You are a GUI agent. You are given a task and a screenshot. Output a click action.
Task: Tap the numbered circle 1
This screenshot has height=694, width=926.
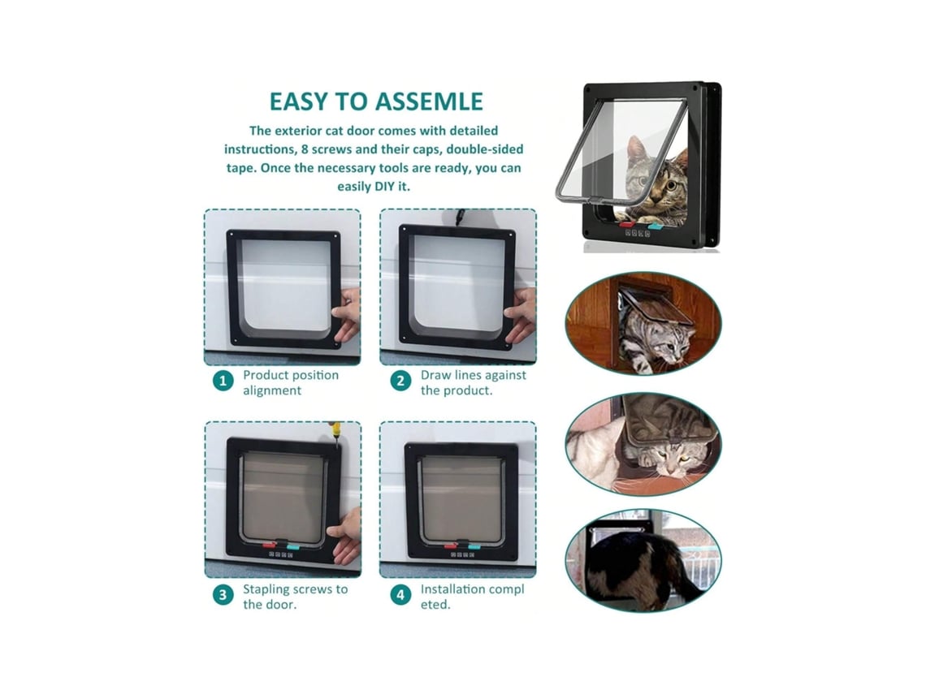(x=223, y=381)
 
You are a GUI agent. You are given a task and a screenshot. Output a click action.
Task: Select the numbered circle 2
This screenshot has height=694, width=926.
(x=400, y=381)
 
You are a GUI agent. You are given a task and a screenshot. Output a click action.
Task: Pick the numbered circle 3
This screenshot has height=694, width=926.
(x=223, y=595)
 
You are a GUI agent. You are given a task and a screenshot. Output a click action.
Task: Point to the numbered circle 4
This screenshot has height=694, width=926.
(x=400, y=595)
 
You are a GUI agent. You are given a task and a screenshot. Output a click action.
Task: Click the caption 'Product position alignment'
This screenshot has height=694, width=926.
(x=291, y=382)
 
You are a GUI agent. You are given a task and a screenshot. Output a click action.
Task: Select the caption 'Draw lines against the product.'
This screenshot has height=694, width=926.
(x=473, y=382)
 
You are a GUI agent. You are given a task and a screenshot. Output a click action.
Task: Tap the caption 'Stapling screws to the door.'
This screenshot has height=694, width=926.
(x=296, y=597)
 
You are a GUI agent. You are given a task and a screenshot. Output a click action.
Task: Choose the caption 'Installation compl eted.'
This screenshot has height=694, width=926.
(x=472, y=597)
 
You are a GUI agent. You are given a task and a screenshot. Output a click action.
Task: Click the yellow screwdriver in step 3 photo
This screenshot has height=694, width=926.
(x=335, y=433)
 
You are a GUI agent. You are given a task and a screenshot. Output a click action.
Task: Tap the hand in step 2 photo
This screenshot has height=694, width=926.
(x=521, y=317)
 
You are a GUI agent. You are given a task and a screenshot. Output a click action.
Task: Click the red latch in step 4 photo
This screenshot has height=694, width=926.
(x=451, y=546)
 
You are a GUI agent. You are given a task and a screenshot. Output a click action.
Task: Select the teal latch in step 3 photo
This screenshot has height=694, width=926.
(x=293, y=546)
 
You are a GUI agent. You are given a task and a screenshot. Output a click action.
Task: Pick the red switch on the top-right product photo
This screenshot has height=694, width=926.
(x=626, y=225)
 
